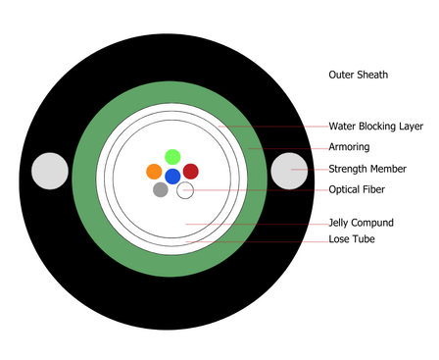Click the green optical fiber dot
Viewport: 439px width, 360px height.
click(172, 157)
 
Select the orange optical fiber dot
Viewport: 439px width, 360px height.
click(154, 172)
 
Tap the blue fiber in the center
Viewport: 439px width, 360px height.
click(172, 177)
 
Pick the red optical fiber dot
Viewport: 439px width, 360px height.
click(191, 172)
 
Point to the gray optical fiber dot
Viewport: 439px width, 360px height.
click(161, 189)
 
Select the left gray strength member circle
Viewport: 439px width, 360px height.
click(50, 171)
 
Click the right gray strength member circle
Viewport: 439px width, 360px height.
click(289, 171)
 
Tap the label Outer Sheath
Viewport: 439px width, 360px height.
click(359, 75)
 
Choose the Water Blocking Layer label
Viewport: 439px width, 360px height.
click(376, 127)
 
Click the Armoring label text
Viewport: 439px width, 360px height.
click(349, 147)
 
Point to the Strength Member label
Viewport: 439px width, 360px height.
click(367, 169)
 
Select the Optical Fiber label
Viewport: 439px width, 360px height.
click(357, 189)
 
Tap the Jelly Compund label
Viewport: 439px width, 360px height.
click(361, 223)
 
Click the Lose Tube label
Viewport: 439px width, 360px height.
click(352, 239)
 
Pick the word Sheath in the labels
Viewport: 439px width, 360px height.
click(372, 75)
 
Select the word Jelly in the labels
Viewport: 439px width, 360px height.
click(338, 223)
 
